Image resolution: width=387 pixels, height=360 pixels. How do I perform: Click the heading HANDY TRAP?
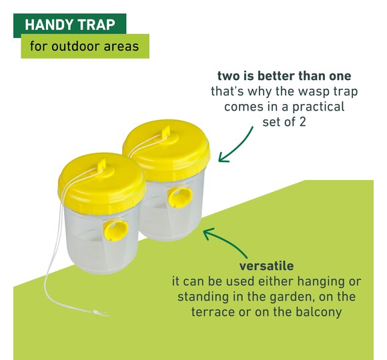(x=70, y=25)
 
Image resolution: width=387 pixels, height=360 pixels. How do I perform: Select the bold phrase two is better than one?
(x=284, y=76)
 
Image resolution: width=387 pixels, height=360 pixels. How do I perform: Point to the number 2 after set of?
(x=302, y=122)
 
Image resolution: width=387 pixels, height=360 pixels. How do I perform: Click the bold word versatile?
(x=266, y=266)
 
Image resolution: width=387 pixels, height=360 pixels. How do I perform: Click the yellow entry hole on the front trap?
(x=115, y=230)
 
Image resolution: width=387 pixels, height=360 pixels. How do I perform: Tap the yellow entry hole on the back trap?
(x=180, y=197)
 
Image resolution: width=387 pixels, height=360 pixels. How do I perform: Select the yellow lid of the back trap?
(x=167, y=149)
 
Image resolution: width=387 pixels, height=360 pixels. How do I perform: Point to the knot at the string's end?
(x=96, y=313)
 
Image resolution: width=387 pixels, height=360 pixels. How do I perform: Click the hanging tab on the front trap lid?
(x=101, y=165)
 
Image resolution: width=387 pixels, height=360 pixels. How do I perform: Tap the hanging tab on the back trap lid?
(x=166, y=131)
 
